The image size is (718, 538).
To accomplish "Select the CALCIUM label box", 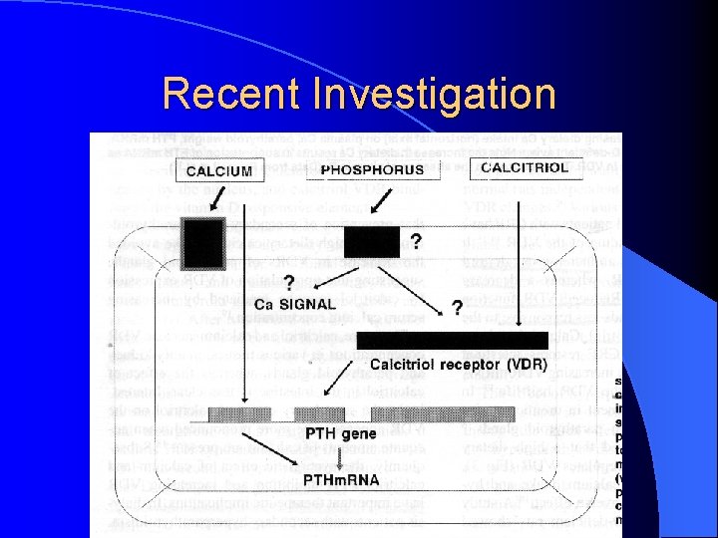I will pos(218,171).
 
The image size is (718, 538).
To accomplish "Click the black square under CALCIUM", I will pos(203,242).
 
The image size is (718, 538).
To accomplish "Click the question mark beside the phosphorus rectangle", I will pos(415,241).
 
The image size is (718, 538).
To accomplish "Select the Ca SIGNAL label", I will pos(296,304).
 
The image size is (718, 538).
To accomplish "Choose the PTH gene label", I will pos(340,433).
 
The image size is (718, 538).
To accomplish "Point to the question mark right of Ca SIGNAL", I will pos(456,307).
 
